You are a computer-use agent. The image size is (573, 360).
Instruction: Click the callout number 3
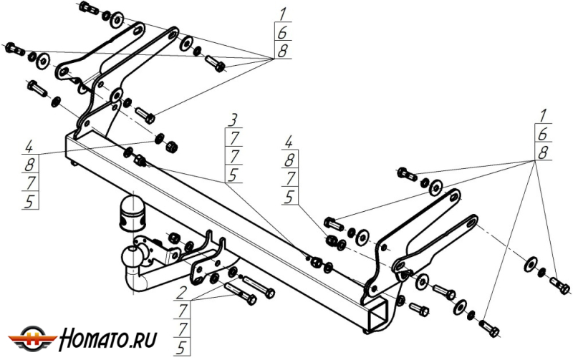tap(233, 117)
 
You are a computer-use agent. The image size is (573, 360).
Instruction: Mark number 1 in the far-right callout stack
tap(544, 115)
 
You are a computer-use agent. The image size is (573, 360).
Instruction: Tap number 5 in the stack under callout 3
tap(233, 174)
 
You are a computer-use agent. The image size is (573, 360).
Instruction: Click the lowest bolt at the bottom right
tap(491, 328)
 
